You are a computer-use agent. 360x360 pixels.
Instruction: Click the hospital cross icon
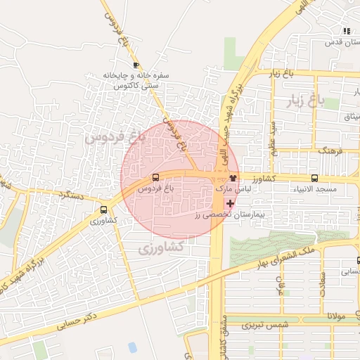[x=231, y=202]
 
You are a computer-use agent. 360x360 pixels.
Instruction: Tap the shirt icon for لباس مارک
[x=233, y=178]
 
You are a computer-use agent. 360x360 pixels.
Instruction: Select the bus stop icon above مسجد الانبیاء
[x=314, y=178]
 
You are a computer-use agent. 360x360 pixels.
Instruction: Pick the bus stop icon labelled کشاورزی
[x=104, y=209]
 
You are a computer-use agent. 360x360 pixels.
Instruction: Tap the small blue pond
[x=132, y=347]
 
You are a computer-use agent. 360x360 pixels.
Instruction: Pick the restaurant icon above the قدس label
[x=346, y=30]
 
